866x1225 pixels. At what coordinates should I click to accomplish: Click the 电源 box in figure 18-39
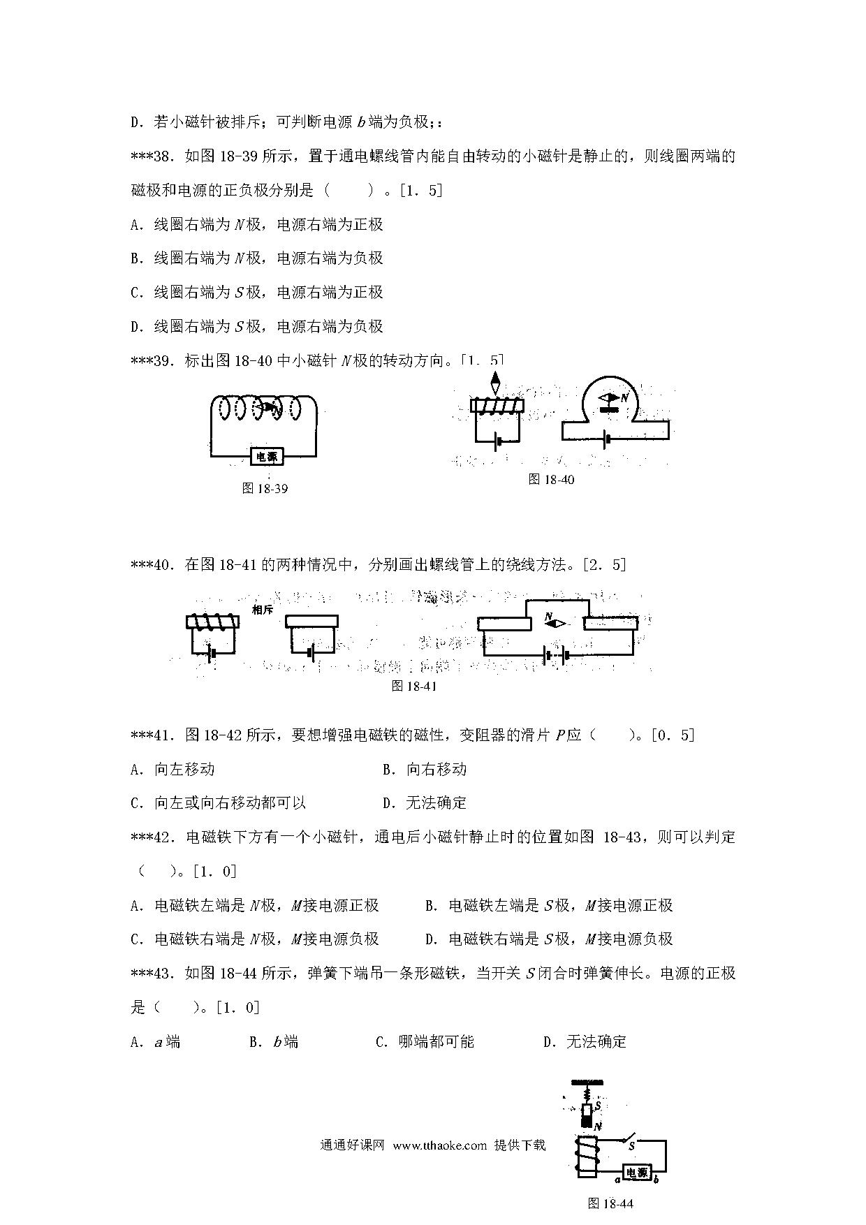click(266, 457)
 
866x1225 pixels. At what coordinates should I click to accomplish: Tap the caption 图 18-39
click(265, 489)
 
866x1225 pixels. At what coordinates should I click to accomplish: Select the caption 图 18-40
click(551, 479)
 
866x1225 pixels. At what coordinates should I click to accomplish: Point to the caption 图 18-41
click(414, 686)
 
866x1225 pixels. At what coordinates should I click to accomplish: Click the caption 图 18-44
click(610, 1203)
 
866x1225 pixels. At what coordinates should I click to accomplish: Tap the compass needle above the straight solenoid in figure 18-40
click(495, 383)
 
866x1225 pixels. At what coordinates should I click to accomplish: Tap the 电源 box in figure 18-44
click(637, 1173)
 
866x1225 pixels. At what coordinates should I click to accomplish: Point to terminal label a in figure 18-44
click(617, 1180)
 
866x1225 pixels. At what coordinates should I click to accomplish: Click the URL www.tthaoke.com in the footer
click(439, 1145)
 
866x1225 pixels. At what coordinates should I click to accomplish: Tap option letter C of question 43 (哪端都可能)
click(381, 1042)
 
